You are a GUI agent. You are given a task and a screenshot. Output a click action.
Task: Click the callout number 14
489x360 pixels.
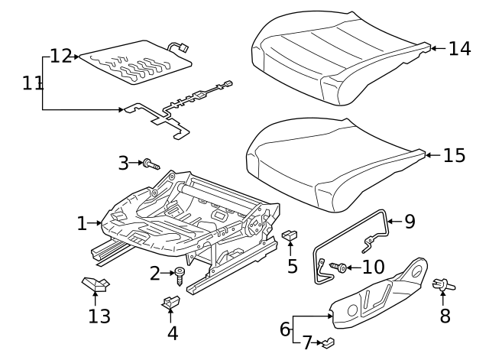(459, 49)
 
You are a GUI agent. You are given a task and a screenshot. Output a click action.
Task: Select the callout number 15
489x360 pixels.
(454, 156)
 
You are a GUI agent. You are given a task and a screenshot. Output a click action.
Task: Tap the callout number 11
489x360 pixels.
(33, 83)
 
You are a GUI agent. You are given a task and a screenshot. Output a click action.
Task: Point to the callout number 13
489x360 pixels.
(99, 316)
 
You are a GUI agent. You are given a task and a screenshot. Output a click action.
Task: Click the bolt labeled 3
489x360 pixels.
(150, 163)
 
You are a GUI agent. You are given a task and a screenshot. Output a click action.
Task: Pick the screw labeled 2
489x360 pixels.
(181, 274)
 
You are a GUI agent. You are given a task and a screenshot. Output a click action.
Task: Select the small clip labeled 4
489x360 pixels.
(170, 303)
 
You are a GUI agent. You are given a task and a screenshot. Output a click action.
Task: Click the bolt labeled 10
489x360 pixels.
(341, 267)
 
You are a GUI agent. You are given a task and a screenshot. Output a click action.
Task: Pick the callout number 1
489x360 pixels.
(82, 223)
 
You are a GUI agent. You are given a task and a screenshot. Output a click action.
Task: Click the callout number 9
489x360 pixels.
(410, 222)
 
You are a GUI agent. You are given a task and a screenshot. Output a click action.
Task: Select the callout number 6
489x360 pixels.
(284, 329)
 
